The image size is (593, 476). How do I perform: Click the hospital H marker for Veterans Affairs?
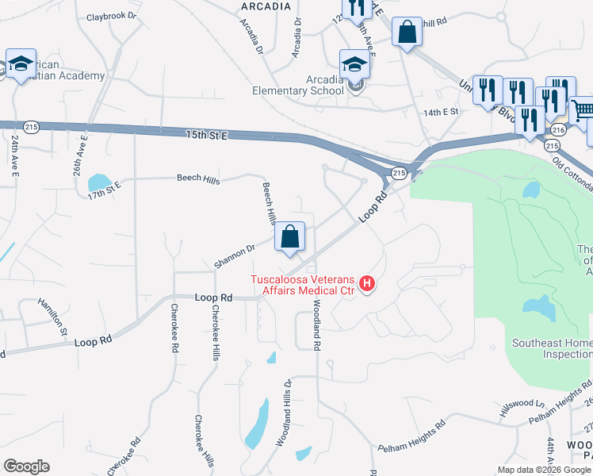[x=367, y=283]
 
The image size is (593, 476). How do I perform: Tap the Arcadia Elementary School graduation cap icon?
[x=354, y=64]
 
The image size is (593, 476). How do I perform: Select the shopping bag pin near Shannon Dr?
[x=290, y=236]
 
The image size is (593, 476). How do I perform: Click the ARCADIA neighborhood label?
[x=265, y=6]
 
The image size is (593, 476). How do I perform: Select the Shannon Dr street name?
[x=234, y=255]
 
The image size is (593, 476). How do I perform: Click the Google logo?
[x=26, y=466]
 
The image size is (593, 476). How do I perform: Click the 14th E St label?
[x=441, y=113]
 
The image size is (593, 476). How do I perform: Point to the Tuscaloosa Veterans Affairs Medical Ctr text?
[x=304, y=284]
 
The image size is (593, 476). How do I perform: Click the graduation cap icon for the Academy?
[x=21, y=63]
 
